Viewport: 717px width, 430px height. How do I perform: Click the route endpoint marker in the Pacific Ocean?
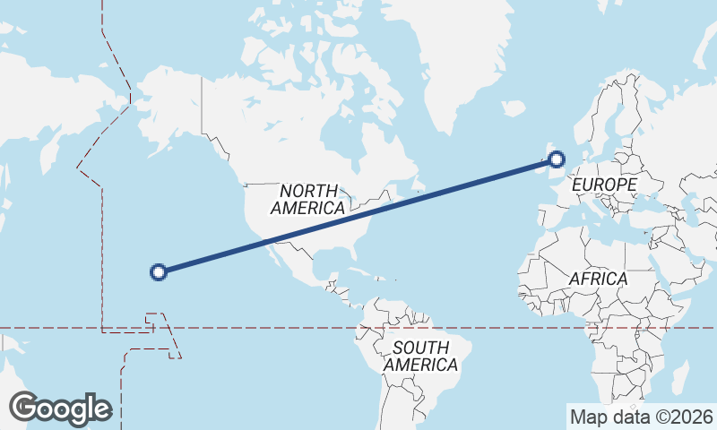pos(159,271)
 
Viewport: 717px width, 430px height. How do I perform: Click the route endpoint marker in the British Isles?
pos(557,160)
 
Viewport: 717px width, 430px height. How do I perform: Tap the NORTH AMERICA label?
pos(308,199)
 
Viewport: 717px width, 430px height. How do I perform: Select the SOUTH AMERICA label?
pos(420,356)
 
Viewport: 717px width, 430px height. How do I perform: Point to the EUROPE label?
pos(604,185)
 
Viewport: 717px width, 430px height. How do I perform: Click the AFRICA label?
pos(598,279)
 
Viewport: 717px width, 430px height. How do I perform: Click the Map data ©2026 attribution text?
pos(642,417)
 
